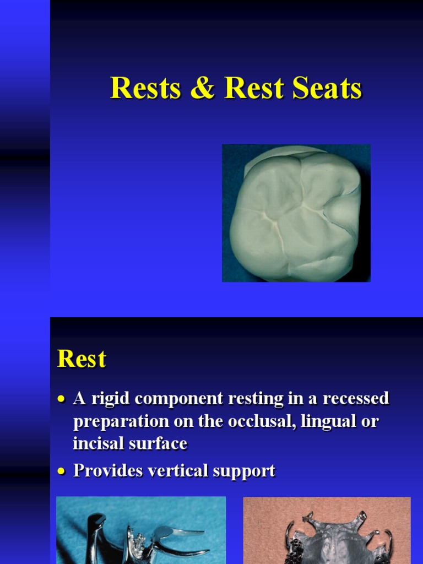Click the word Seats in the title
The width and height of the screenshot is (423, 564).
328,88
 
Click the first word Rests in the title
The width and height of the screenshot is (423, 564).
145,88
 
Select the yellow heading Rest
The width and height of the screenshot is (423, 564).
82,359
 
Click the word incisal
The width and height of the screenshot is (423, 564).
97,443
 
